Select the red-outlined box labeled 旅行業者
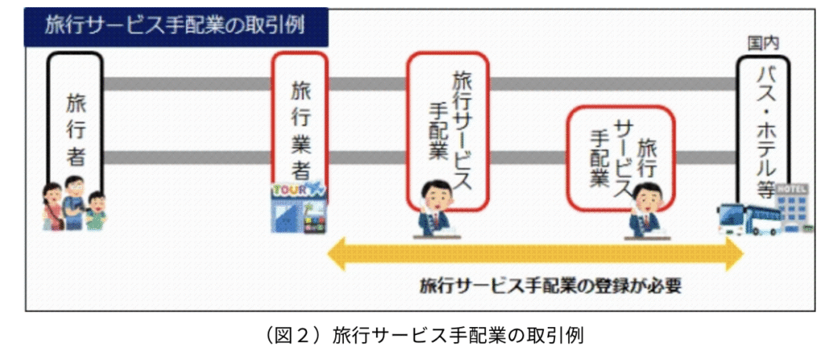pyautogui.click(x=299, y=121)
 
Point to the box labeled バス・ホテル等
pyautogui.click(x=763, y=129)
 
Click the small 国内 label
pyautogui.click(x=762, y=40)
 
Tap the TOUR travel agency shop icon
pyautogui.click(x=299, y=208)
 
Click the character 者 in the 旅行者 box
pyautogui.click(x=75, y=156)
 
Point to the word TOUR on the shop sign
pyautogui.click(x=289, y=190)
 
